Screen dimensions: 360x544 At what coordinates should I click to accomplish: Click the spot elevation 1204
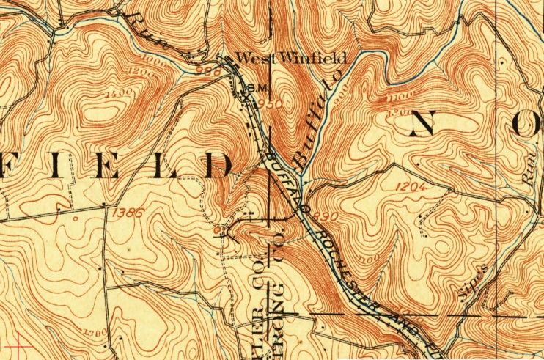411,187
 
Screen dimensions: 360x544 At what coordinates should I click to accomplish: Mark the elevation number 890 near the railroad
326,216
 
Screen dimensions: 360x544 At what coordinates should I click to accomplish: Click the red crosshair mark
16,344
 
